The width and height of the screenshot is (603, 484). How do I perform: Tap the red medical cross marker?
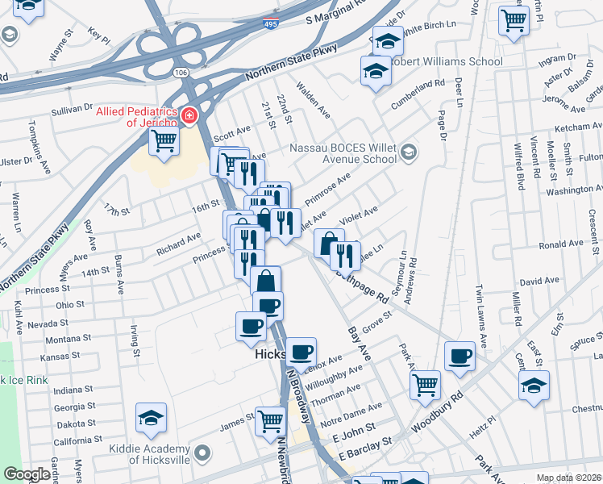pos(189,116)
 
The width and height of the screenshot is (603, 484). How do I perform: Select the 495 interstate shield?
pos(272,26)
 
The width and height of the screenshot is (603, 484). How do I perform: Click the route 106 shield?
pos(181,73)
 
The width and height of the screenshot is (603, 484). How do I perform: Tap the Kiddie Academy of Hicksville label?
pos(142,459)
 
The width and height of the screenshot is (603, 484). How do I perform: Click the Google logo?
pos(27,475)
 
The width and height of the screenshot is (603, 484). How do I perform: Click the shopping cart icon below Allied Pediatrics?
pos(164,142)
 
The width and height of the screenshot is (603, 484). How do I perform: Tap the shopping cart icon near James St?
pos(271,420)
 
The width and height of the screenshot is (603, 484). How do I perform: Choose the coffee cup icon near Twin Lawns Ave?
pos(460,356)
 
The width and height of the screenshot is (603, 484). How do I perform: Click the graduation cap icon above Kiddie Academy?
pos(151,417)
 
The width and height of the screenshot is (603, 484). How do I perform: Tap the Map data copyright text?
pos(569,478)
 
